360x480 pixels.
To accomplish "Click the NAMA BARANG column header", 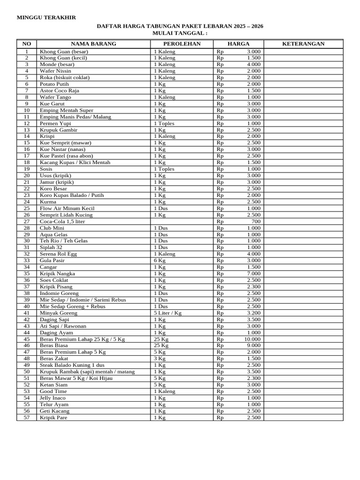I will pos(93,44).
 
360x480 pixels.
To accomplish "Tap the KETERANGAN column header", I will pos(303,44).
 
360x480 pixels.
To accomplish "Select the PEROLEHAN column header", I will pos(181,44).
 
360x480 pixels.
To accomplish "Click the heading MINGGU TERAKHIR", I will pos(46,17).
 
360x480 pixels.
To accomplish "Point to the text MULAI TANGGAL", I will pos(180,33).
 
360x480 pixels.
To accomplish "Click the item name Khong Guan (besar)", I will pos(64,52).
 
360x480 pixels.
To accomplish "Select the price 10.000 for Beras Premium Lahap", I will pos(252,339).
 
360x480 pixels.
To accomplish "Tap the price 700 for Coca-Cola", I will pos(256,221).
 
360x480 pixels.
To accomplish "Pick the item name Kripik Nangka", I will pos(57,274).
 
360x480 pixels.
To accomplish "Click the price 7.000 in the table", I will pos(254,274).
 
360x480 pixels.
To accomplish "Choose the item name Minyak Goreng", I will pos(59,313).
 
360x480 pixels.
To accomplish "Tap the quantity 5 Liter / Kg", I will pos(167,313).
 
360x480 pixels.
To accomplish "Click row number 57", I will pos(27,417).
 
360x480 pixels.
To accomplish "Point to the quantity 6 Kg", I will pos(160,261).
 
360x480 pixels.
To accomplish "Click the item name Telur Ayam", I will pos(54,405).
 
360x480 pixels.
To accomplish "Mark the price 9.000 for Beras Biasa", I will pos(254,345).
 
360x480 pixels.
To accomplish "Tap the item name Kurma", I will pos(48,202).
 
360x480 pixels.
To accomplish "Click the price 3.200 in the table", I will pos(254,313).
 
